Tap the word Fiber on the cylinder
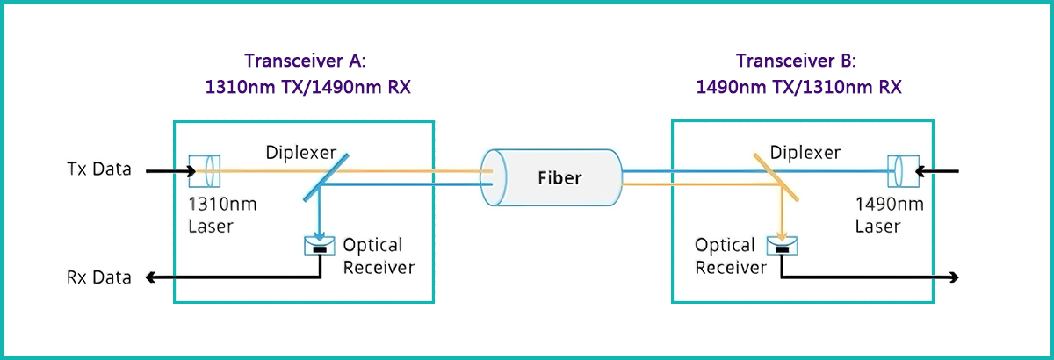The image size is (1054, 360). tap(559, 178)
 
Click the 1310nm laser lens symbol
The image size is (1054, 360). tap(204, 170)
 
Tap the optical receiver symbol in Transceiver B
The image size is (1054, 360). tap(783, 245)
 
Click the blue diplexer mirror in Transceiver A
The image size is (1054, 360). tap(327, 176)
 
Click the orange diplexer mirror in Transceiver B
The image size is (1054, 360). tap(774, 176)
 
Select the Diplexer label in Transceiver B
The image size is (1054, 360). tap(805, 153)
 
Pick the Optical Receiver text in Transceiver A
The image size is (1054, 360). tap(373, 256)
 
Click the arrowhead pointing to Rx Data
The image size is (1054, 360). tap(151, 278)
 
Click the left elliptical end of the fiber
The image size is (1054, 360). tap(490, 178)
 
